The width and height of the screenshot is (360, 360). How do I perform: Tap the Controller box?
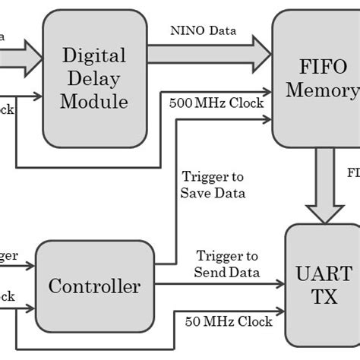tap(94, 286)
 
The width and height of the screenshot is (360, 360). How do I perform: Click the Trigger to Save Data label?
tap(213, 185)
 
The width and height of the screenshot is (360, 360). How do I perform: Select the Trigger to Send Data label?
tap(228, 264)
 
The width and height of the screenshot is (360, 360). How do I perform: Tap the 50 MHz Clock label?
tap(228, 321)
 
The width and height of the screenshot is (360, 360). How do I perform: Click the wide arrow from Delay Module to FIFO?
tap(209, 52)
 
